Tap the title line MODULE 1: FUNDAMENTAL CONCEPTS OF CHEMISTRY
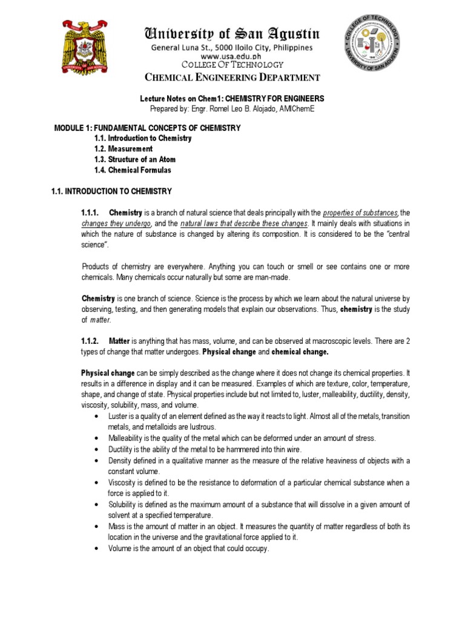point(148,128)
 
